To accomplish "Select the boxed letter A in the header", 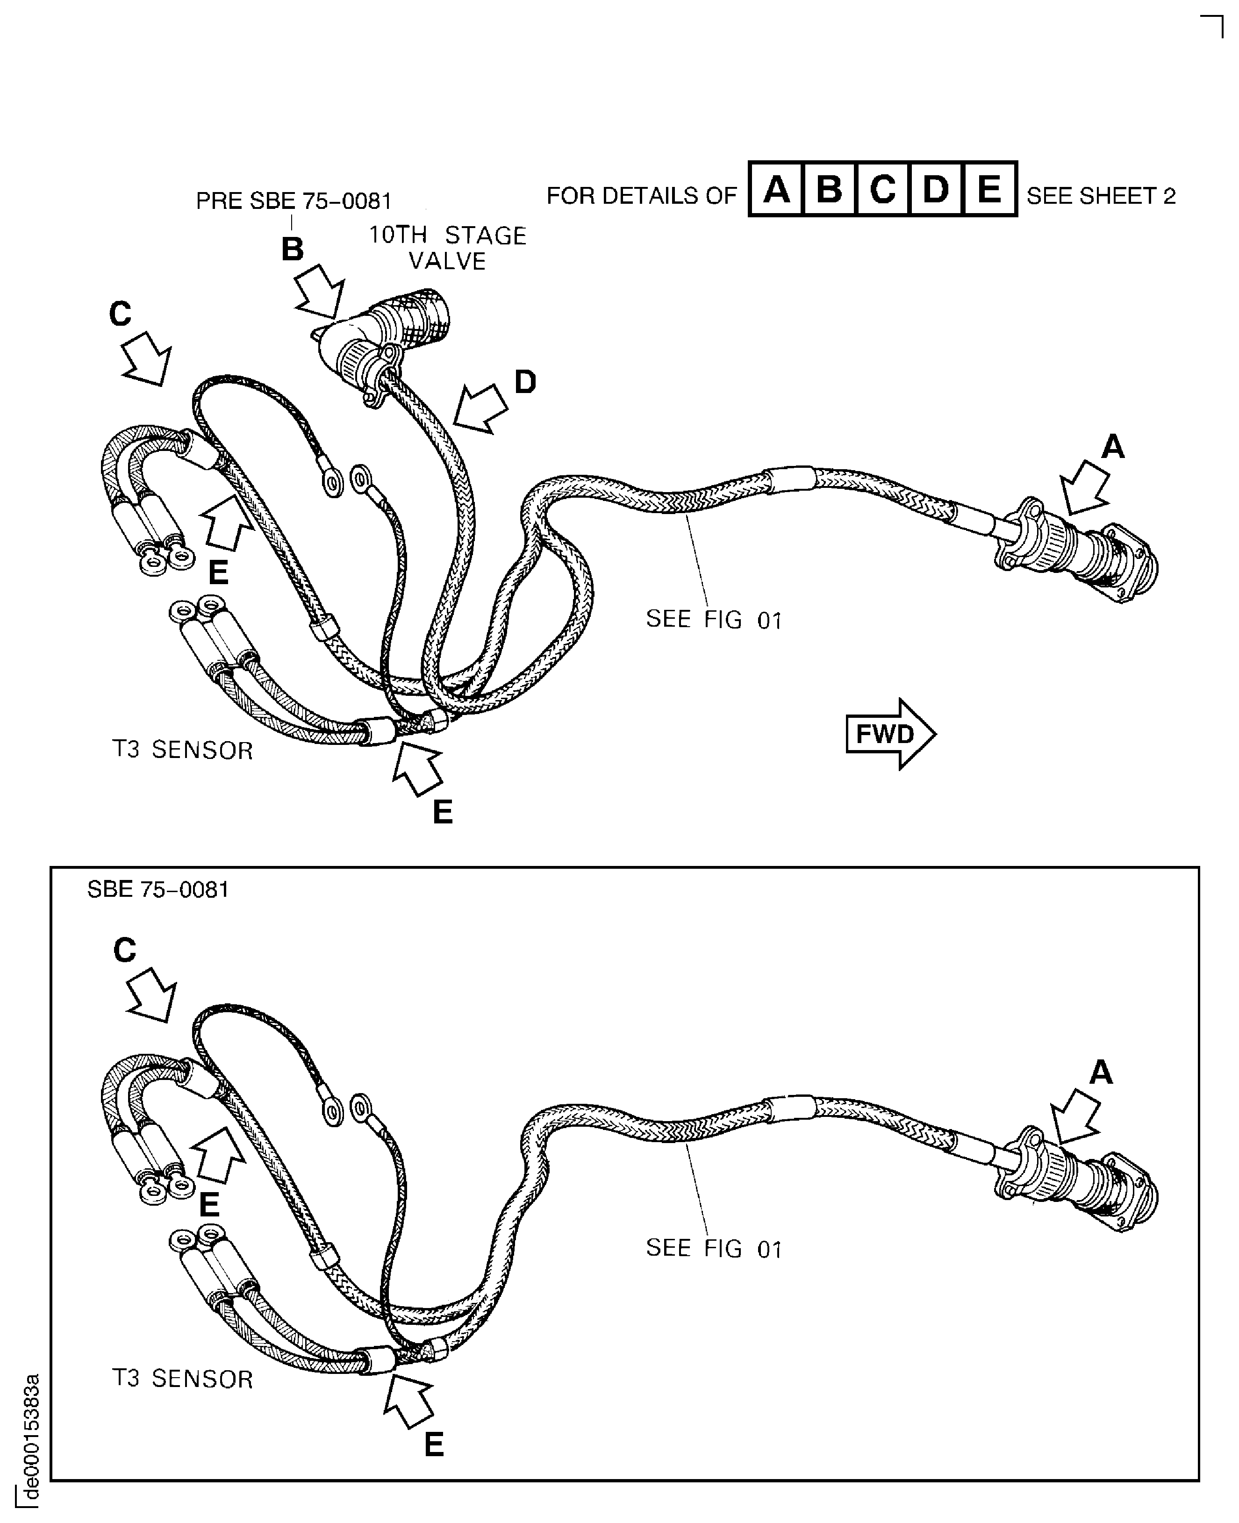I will [776, 189].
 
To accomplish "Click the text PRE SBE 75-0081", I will [294, 201].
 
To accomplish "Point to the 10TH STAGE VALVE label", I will [447, 248].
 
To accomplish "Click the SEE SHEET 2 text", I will [1101, 195].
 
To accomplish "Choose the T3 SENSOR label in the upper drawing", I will [183, 750].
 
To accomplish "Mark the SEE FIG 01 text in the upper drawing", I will [714, 620].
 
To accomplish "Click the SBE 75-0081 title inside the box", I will [158, 889].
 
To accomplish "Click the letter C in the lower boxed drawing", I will [124, 950].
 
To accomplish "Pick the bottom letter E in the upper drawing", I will [443, 812].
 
